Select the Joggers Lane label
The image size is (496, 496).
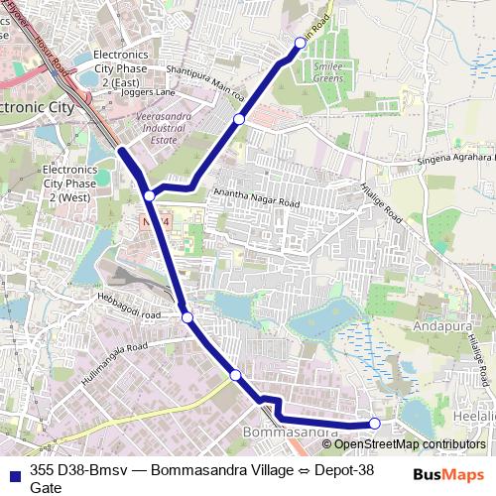click(x=151, y=92)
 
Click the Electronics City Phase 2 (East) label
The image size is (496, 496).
click(x=120, y=67)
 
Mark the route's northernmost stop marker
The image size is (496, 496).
click(x=301, y=43)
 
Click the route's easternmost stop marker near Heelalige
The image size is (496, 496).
click(x=375, y=424)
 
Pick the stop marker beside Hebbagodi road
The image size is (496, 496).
click(x=186, y=317)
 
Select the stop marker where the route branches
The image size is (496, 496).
click(x=149, y=196)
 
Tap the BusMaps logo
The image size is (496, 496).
click(x=448, y=475)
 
